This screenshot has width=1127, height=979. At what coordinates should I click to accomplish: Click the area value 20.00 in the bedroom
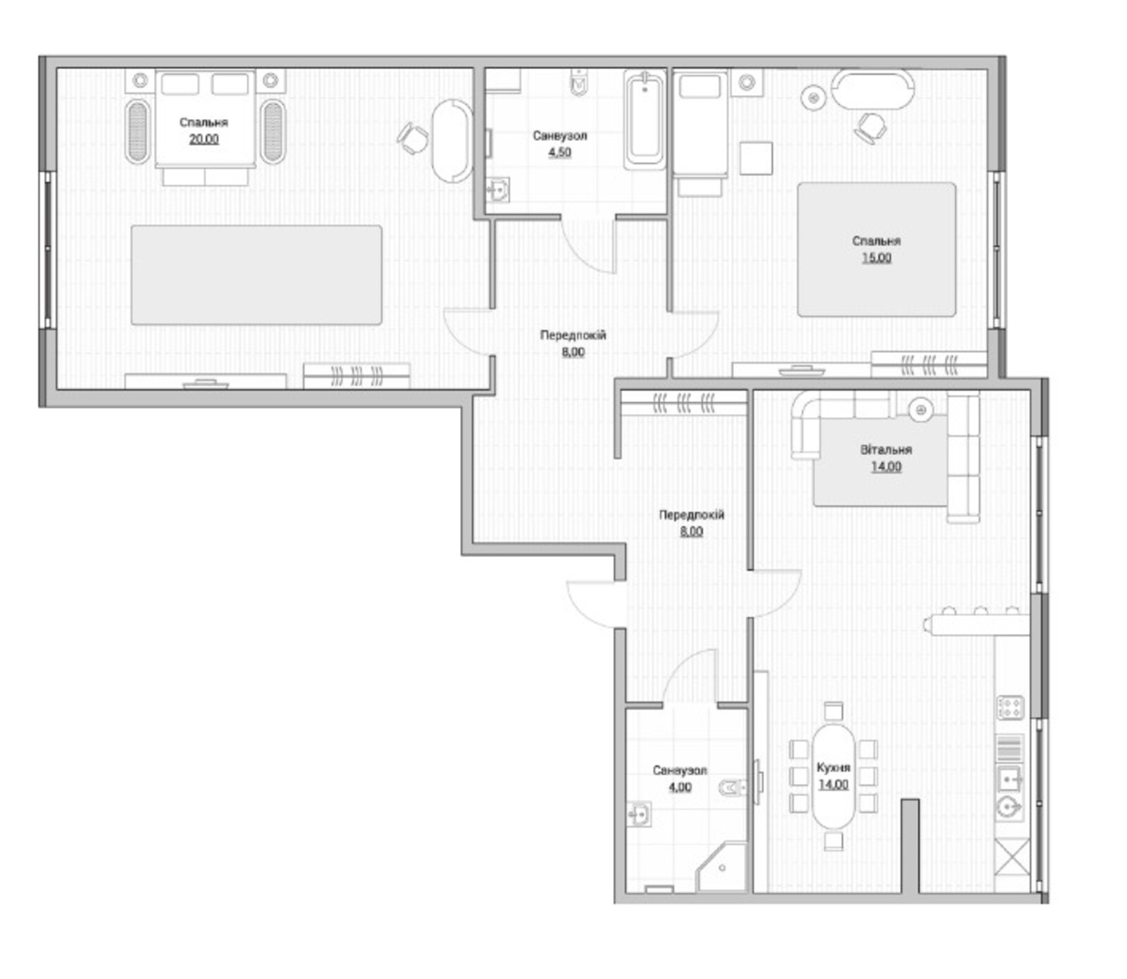click(204, 139)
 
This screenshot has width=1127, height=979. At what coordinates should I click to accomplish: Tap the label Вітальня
click(886, 449)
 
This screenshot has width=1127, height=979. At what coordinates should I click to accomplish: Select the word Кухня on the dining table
click(833, 767)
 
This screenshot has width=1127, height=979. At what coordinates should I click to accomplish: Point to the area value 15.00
click(876, 257)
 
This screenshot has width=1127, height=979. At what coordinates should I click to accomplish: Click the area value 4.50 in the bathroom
click(559, 152)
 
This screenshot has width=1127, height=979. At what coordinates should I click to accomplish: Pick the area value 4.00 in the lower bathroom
click(680, 787)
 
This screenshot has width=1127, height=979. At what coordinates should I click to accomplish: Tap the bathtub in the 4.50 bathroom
click(645, 120)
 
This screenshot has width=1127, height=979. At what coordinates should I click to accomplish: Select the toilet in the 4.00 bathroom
click(733, 787)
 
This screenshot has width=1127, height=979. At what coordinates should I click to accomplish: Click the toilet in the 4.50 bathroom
click(579, 83)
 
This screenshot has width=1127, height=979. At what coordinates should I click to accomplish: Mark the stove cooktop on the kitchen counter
click(1010, 707)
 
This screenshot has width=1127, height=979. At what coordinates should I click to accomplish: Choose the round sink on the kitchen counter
click(1009, 808)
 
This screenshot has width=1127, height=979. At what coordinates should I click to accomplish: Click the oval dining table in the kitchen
click(833, 776)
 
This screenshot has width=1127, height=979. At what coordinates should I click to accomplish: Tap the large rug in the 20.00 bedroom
click(256, 275)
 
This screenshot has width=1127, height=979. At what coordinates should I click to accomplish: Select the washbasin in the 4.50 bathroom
click(499, 189)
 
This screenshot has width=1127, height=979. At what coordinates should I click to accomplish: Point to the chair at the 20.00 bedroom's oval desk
click(413, 137)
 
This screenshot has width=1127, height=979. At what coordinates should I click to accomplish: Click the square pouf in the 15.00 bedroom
click(756, 158)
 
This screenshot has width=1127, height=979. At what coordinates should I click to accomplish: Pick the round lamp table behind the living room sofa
click(921, 409)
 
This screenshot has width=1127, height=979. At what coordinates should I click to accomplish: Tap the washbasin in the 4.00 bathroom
click(639, 814)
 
